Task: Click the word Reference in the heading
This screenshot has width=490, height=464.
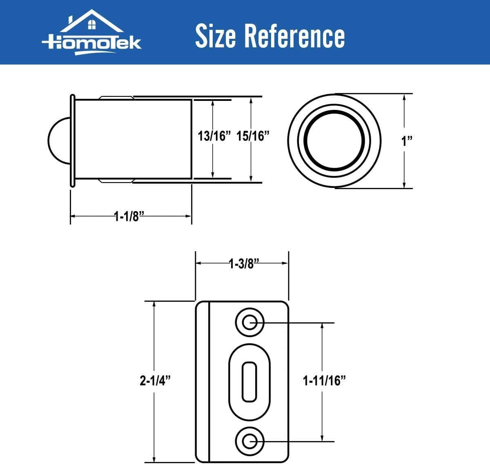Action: tap(294, 36)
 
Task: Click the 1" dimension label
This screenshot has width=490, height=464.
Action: tap(406, 141)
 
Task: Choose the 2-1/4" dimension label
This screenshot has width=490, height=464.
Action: tap(155, 381)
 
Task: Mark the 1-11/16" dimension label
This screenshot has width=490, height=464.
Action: tap(324, 381)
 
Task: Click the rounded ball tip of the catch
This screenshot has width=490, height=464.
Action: tap(59, 141)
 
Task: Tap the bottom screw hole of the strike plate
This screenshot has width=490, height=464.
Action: tap(249, 441)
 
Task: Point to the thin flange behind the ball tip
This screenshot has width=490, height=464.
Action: tap(73, 141)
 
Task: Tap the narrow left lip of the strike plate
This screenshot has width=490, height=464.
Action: tap(203, 382)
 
